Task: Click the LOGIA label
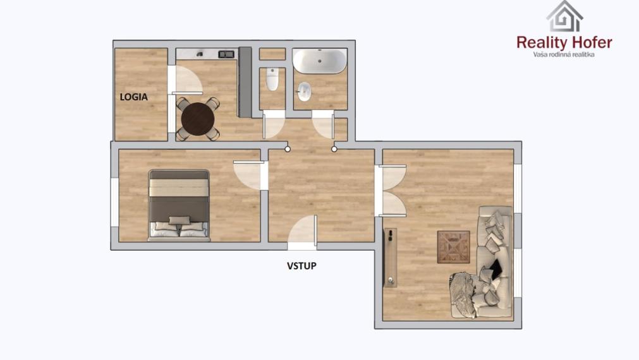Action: (x=134, y=97)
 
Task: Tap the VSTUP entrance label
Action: (x=301, y=266)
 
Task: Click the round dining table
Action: (x=198, y=117)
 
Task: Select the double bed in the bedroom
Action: (x=179, y=205)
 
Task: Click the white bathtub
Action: (x=319, y=62)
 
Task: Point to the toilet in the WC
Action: (x=272, y=80)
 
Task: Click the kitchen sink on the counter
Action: (x=226, y=54)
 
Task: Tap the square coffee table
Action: (x=453, y=246)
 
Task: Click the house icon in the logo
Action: (x=564, y=16)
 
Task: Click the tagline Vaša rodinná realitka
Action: (x=564, y=55)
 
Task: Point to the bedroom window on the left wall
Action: (x=114, y=200)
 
